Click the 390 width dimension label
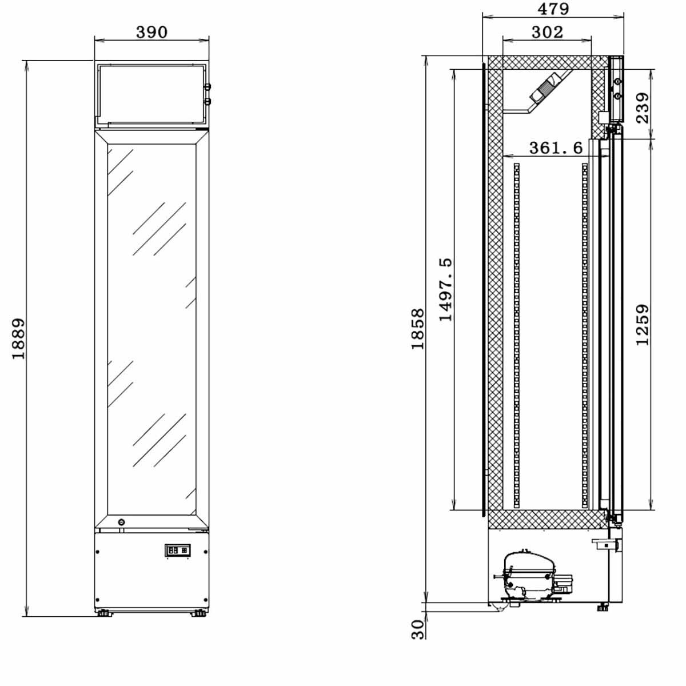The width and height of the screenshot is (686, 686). (x=151, y=31)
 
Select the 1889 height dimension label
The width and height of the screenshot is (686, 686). (x=19, y=338)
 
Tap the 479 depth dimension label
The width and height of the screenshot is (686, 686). (x=553, y=9)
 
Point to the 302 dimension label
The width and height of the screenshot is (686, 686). (x=547, y=32)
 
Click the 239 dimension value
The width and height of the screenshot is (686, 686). (x=643, y=107)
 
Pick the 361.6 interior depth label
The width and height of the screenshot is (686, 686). (x=556, y=148)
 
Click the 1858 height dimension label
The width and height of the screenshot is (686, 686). (x=418, y=329)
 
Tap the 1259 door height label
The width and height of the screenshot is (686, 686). (x=643, y=325)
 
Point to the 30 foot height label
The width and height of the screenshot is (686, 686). (x=418, y=629)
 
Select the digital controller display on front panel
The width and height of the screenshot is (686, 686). (x=178, y=550)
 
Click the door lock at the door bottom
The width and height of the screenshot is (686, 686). (x=121, y=522)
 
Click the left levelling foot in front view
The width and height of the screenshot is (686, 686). (x=105, y=614)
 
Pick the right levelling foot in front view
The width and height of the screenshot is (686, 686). (x=199, y=614)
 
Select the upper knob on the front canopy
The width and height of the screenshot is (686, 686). (x=208, y=87)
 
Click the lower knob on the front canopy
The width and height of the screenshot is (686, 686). (x=208, y=101)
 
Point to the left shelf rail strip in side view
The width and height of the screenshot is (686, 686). (x=517, y=336)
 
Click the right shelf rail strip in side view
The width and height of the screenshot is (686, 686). (x=584, y=336)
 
